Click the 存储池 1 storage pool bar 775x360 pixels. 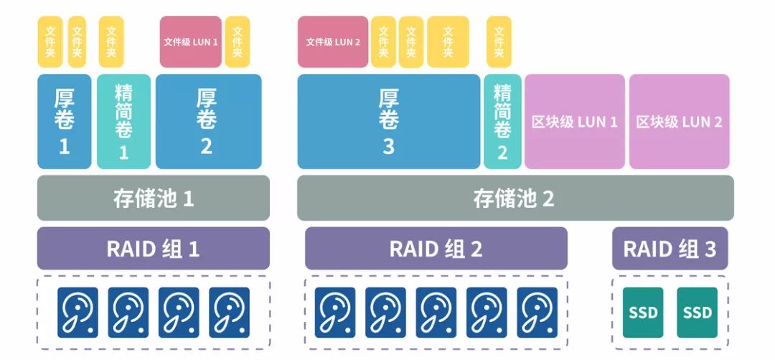coord(154,198)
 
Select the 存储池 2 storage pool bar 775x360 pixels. coord(515,198)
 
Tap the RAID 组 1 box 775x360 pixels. coord(154,248)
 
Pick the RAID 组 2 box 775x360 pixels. coord(436,248)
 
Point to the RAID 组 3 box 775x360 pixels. coord(670,248)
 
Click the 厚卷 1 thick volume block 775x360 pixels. coord(65,121)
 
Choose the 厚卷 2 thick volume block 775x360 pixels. coord(206,121)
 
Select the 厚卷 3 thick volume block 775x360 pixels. coord(388,121)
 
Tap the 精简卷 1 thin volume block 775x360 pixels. coord(123,121)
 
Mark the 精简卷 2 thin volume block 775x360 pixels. coord(502,121)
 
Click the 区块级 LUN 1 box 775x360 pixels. coord(575,121)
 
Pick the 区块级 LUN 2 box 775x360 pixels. coord(680,121)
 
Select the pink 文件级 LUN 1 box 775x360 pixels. coord(190,42)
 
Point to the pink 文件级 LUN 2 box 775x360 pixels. coord(333,42)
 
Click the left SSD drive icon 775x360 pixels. coord(642,313)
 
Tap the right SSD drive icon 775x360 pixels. coord(697,313)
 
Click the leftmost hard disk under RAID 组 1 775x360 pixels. coord(78,313)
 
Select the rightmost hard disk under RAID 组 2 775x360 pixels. coord(537,313)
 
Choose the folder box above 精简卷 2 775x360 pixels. coord(499,42)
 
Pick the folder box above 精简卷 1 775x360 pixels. coord(111,42)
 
